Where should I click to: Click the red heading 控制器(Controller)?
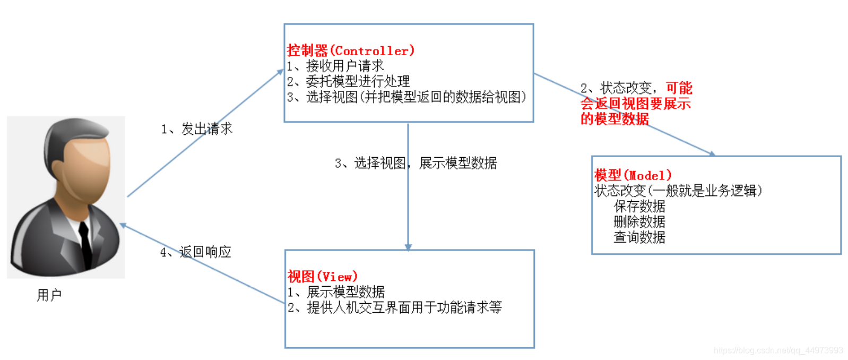(x=350, y=51)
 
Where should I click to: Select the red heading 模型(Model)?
(x=633, y=175)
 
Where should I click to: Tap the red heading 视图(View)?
(x=322, y=277)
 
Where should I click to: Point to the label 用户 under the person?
(x=49, y=295)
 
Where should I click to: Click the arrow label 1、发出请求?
(x=197, y=129)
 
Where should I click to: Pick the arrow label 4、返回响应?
(x=196, y=252)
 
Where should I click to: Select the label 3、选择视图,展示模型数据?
(x=416, y=163)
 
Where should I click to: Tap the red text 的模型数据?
(x=615, y=119)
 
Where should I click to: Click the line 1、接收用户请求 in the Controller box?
(x=335, y=66)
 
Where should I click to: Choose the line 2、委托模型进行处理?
(x=348, y=81)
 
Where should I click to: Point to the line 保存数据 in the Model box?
(x=639, y=206)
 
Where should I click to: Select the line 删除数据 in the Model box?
(x=639, y=221)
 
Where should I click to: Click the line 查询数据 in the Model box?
(x=639, y=237)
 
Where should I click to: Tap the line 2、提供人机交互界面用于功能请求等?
(x=395, y=307)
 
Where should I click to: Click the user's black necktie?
(x=85, y=242)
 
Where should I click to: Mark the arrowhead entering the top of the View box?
(x=408, y=246)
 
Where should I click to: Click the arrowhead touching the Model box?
(x=712, y=154)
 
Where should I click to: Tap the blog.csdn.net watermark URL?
(x=778, y=350)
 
